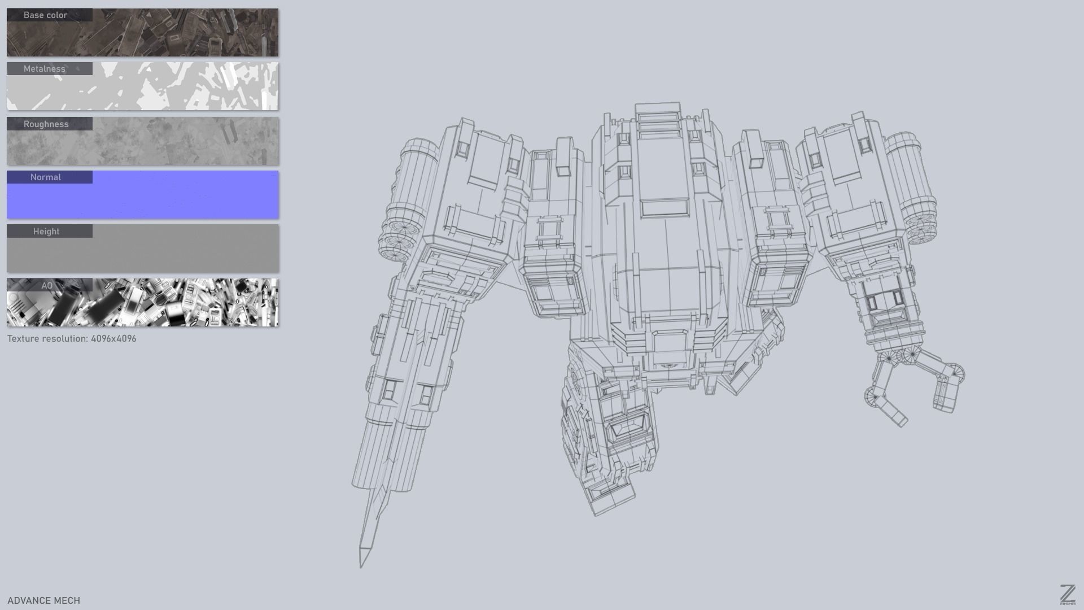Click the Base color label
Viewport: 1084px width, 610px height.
(x=46, y=15)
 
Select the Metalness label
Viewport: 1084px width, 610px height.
(x=45, y=69)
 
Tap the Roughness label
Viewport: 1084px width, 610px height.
(x=46, y=124)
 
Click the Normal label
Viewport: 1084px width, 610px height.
(x=46, y=177)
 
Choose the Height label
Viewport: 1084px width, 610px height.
(x=46, y=232)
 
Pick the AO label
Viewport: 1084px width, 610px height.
(x=47, y=286)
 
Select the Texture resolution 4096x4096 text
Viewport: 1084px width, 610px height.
(x=72, y=339)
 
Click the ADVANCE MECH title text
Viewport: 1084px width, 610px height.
(x=44, y=600)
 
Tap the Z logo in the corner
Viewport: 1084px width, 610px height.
(x=1067, y=595)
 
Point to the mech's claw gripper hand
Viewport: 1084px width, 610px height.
(x=915, y=384)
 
